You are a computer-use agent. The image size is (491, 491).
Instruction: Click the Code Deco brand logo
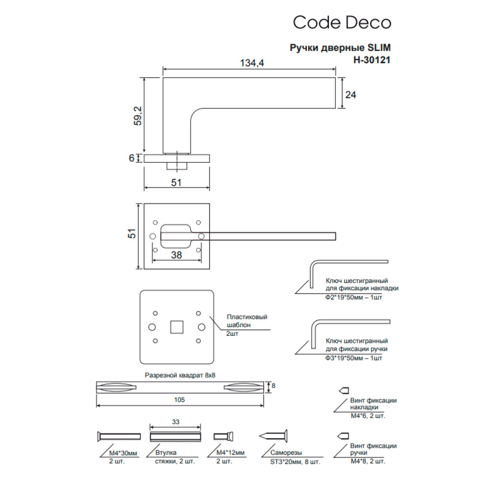pyautogui.click(x=342, y=23)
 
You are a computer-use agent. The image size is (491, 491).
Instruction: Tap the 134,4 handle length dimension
pyautogui.click(x=252, y=63)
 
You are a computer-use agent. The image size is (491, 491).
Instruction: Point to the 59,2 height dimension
pyautogui.click(x=138, y=115)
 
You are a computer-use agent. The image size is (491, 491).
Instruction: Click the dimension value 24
pyautogui.click(x=351, y=95)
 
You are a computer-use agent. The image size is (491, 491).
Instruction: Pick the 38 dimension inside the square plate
pyautogui.click(x=176, y=256)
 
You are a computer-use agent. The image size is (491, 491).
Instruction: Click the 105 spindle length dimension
pyautogui.click(x=180, y=399)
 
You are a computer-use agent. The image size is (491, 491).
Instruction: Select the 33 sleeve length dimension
pyautogui.click(x=175, y=422)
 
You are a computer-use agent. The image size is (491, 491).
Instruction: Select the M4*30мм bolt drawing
pyautogui.click(x=119, y=436)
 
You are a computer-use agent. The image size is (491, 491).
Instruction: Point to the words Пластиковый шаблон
pyautogui.click(x=246, y=321)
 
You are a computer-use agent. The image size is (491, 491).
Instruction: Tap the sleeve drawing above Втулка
pyautogui.click(x=175, y=436)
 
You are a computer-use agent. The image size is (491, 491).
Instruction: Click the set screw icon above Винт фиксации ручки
pyautogui.click(x=343, y=436)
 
